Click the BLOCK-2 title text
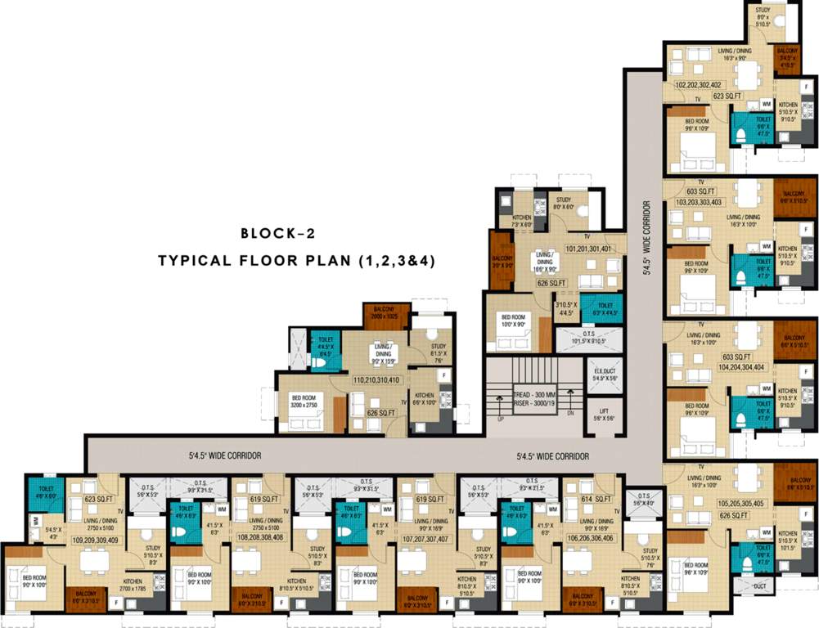tap(277, 234)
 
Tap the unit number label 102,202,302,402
tap(698, 85)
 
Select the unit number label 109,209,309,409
tap(96, 540)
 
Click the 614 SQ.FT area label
tap(596, 499)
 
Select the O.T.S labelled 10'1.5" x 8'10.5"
tap(587, 338)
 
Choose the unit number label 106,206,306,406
tap(587, 539)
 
